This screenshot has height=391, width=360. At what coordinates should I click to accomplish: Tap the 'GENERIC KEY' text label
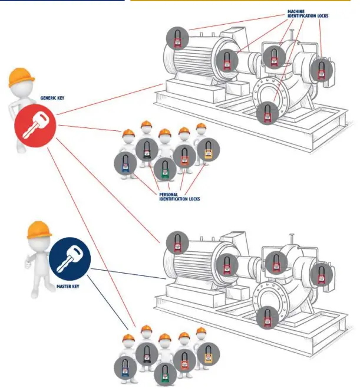point(52,98)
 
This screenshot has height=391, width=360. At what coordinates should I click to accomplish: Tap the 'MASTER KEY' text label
point(68,287)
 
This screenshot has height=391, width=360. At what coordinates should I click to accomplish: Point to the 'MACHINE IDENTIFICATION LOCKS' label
point(307,14)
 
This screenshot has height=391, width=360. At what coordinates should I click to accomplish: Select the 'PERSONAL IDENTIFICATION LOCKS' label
point(179,197)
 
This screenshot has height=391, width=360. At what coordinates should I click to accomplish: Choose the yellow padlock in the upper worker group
point(207,150)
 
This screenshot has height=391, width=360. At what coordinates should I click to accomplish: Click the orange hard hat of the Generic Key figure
point(21,77)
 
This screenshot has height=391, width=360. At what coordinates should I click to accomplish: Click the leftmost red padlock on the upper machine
point(176,38)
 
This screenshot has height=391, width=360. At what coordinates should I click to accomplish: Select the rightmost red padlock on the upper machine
point(321,70)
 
